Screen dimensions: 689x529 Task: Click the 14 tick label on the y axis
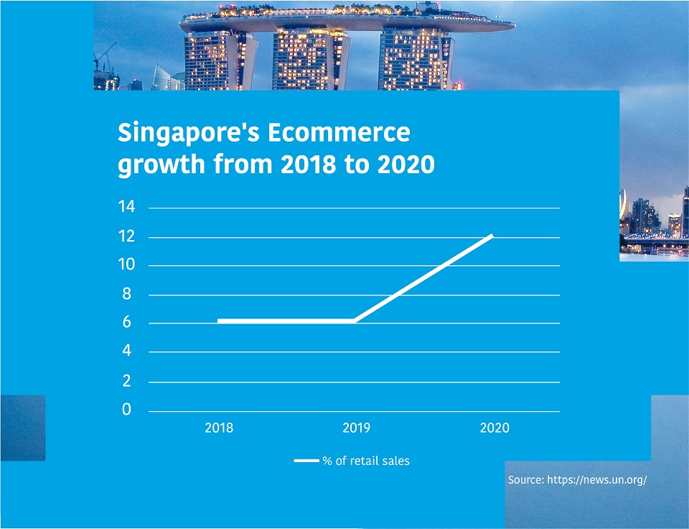tap(126, 206)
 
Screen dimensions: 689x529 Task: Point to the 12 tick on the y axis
tap(126, 236)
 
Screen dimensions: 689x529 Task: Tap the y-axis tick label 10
tap(126, 264)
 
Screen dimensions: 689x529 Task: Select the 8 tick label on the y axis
tap(126, 293)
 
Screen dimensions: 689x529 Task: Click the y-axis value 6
tap(126, 322)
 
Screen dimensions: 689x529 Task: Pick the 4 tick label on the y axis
tap(126, 351)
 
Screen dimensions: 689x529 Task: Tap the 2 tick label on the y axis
tap(126, 381)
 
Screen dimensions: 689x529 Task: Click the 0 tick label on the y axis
tap(126, 409)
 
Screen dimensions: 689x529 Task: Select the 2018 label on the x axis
tap(219, 428)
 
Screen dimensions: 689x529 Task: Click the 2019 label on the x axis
tap(357, 428)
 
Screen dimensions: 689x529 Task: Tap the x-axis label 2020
tap(495, 428)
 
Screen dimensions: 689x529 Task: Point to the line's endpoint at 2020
tap(492, 236)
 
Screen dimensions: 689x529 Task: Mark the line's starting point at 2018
tap(218, 321)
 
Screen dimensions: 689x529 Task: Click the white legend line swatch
tap(306, 461)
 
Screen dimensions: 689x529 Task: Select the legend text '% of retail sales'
tap(366, 461)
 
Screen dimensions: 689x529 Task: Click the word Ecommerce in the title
tap(339, 132)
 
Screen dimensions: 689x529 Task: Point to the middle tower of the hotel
tap(310, 60)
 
